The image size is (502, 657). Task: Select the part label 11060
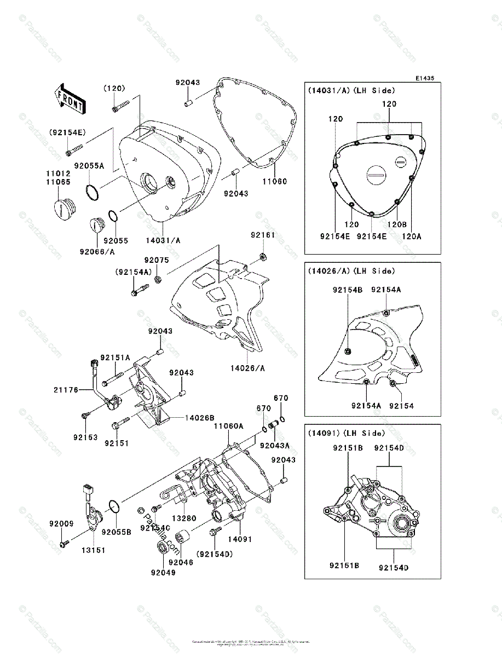pos(274,181)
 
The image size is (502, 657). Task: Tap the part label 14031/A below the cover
pos(164,240)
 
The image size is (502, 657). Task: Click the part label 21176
pos(66,390)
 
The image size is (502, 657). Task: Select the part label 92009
pos(61,524)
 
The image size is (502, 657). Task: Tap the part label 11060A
pos(229,425)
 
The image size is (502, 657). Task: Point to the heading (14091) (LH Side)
pos(346,433)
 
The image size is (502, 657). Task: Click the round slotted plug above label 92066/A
pos(97,225)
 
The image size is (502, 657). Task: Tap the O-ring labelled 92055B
pos(114,508)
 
